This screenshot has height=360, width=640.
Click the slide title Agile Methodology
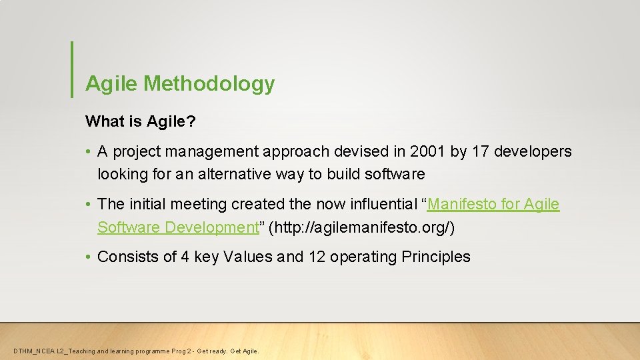pyautogui.click(x=180, y=84)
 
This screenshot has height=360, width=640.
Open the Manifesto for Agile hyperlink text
pyautogui.click(x=493, y=205)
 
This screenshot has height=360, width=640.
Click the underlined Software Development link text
pyautogui.click(x=177, y=227)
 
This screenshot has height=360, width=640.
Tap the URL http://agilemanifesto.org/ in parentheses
pyautogui.click(x=361, y=227)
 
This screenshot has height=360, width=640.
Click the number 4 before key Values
pyautogui.click(x=185, y=257)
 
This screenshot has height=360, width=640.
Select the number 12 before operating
pyautogui.click(x=317, y=257)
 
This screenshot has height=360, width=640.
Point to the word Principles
pyautogui.click(x=436, y=257)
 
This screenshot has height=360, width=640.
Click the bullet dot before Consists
pyautogui.click(x=89, y=257)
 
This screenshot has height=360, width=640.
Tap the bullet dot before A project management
pyautogui.click(x=89, y=152)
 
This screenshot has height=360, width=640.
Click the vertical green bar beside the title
pyautogui.click(x=72, y=70)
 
